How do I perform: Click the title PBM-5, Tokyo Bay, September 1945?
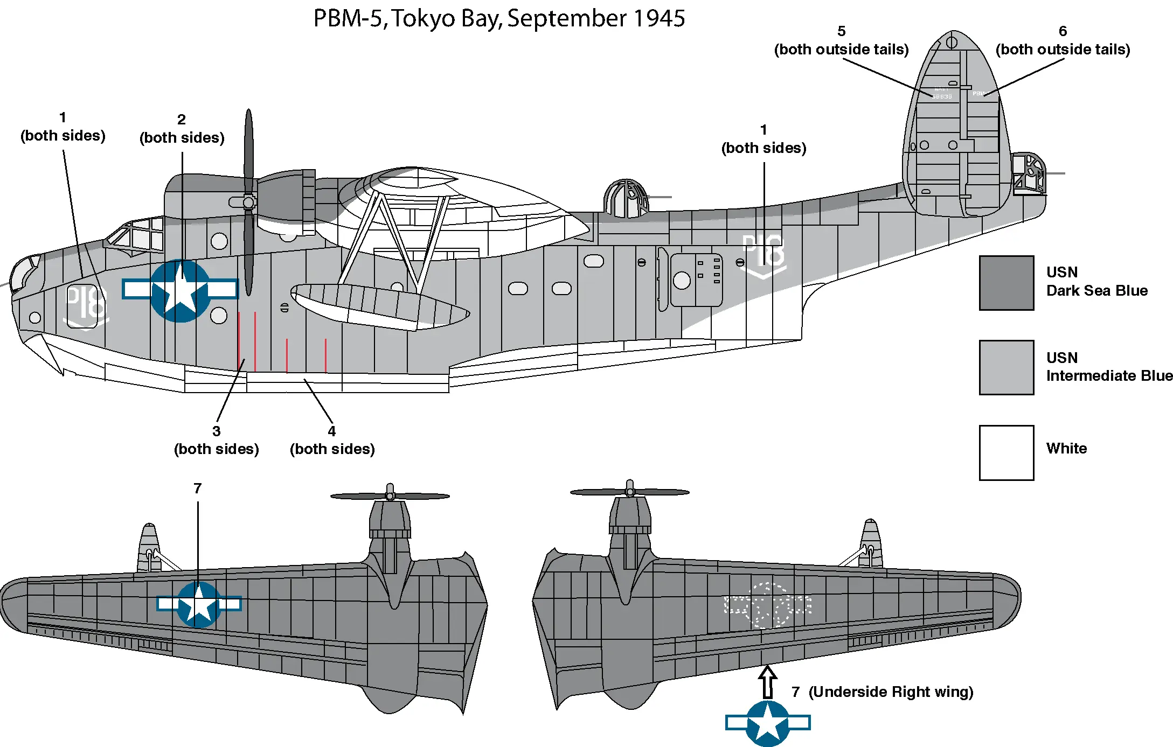[499, 18]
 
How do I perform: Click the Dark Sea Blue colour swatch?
[1006, 283]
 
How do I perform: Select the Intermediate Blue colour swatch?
[1006, 367]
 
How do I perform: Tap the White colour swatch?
[1006, 452]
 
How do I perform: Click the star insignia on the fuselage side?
[180, 290]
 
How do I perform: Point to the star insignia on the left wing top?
[199, 604]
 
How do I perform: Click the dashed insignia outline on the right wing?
[768, 605]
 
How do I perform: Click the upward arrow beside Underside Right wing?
[767, 681]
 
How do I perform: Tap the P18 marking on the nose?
[86, 305]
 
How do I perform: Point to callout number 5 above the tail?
[841, 31]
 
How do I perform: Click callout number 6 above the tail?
[1063, 31]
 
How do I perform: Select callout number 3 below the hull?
[216, 431]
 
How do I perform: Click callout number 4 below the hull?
[332, 431]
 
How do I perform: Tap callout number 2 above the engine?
[182, 120]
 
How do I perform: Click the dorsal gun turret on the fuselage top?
[626, 198]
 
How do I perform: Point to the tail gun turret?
[1029, 173]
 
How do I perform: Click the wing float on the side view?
[380, 305]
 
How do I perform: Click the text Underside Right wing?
[891, 692]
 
